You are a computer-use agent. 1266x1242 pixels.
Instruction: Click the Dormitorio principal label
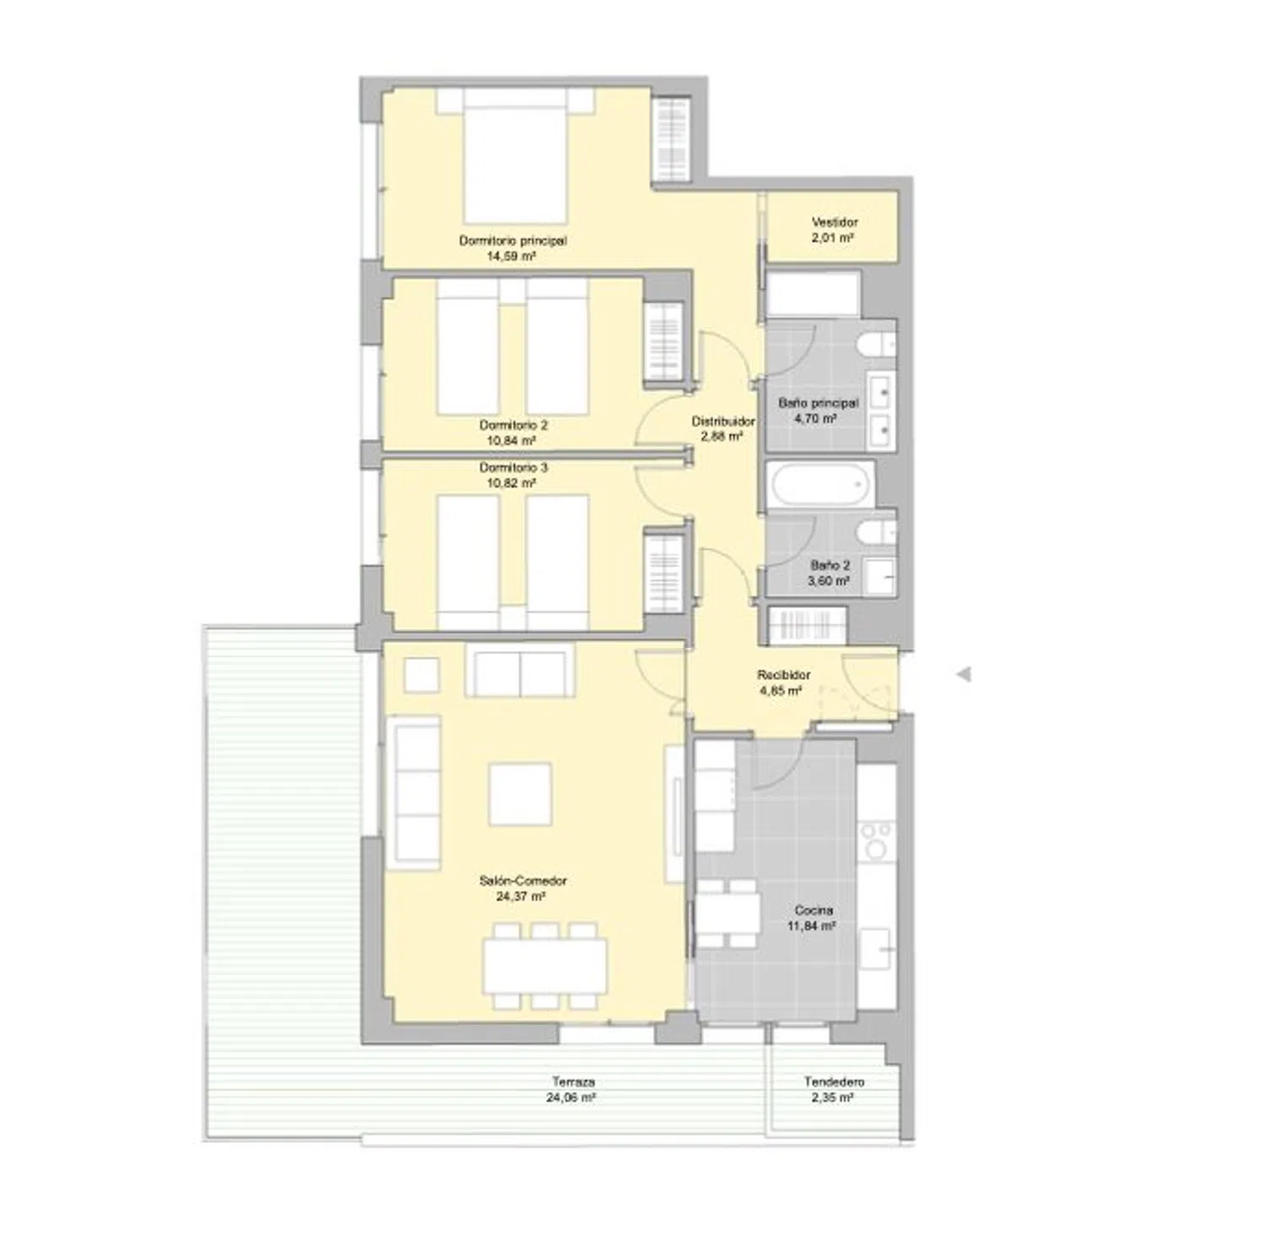click(x=512, y=248)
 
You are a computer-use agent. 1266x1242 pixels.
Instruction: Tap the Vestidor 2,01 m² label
click(x=835, y=230)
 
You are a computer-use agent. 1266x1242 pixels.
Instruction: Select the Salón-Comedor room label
click(x=522, y=888)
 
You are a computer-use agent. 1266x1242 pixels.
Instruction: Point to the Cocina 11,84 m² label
click(x=813, y=918)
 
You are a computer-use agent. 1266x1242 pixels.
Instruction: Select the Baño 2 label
click(x=830, y=565)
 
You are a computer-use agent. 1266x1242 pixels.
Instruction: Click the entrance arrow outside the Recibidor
click(x=963, y=674)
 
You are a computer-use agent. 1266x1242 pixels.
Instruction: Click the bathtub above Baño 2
click(x=820, y=484)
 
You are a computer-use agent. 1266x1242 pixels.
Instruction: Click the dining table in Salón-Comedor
click(x=545, y=965)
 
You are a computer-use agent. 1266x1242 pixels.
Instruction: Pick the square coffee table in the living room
click(x=521, y=794)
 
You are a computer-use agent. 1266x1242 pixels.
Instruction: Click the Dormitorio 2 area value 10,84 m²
click(x=512, y=440)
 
